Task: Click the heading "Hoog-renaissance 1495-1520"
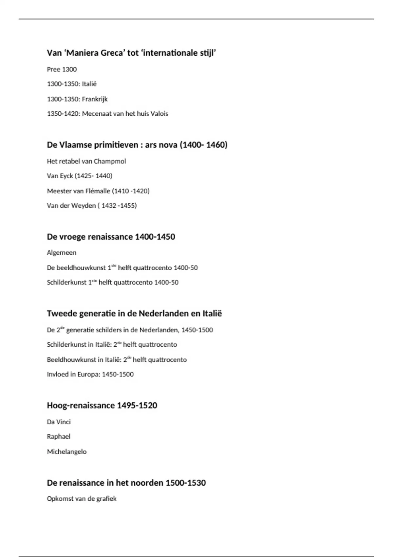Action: coord(102,405)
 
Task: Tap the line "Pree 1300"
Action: coord(62,69)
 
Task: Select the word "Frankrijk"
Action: coord(95,99)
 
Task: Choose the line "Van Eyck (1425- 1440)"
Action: coord(79,176)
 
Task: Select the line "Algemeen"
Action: coord(62,253)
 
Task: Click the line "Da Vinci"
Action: coord(59,422)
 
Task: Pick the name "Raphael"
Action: coord(59,436)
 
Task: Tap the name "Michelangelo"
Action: coord(67,451)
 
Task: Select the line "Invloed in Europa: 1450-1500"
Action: coord(90,374)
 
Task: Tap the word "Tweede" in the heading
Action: coord(60,314)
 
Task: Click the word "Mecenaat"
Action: coord(95,114)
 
